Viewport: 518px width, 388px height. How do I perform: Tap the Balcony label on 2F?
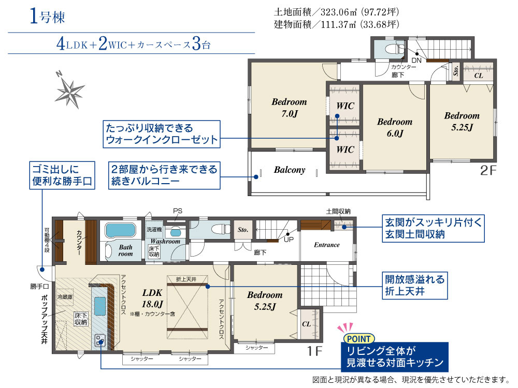click(290, 170)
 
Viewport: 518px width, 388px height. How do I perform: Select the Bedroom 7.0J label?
click(289, 108)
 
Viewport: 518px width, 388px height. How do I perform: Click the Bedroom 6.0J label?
click(395, 127)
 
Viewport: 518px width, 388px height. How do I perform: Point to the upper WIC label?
click(345, 106)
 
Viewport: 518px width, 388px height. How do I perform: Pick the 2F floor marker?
click(488, 170)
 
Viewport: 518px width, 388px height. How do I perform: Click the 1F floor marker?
click(314, 351)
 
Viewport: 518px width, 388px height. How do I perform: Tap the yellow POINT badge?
click(359, 339)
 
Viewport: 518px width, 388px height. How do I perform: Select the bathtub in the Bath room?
click(120, 230)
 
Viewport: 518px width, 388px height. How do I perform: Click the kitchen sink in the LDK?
click(100, 306)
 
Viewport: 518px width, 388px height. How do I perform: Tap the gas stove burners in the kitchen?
click(100, 340)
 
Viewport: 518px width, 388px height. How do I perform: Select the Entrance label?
click(327, 245)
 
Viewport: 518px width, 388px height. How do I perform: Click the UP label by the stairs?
click(289, 240)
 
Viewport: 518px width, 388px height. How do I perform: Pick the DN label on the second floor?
click(416, 61)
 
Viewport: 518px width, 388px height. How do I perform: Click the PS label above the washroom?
click(178, 211)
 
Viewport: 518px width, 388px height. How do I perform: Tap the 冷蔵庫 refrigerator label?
click(65, 297)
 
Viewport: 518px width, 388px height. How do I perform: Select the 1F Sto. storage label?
click(243, 230)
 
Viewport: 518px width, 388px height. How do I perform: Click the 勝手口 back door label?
click(40, 287)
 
